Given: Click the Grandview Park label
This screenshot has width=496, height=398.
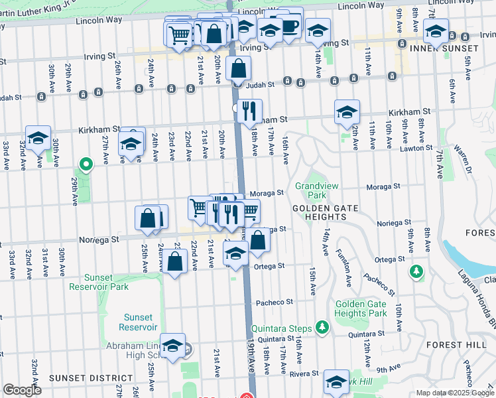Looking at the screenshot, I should click(310, 191).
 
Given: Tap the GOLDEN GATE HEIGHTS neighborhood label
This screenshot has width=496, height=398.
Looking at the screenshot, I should click(322, 208).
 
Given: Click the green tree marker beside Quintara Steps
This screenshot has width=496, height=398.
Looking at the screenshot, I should click(322, 326).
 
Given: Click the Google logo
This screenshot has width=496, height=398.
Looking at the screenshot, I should click(22, 390).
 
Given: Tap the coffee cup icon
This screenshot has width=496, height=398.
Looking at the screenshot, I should click(290, 25).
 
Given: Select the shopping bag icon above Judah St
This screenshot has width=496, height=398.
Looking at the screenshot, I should click(238, 68).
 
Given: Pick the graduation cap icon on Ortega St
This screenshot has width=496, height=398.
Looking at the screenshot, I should click(235, 253).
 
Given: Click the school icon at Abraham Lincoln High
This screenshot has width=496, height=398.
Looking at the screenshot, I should click(172, 345).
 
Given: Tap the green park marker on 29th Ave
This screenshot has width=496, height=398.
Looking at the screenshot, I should click(85, 163).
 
